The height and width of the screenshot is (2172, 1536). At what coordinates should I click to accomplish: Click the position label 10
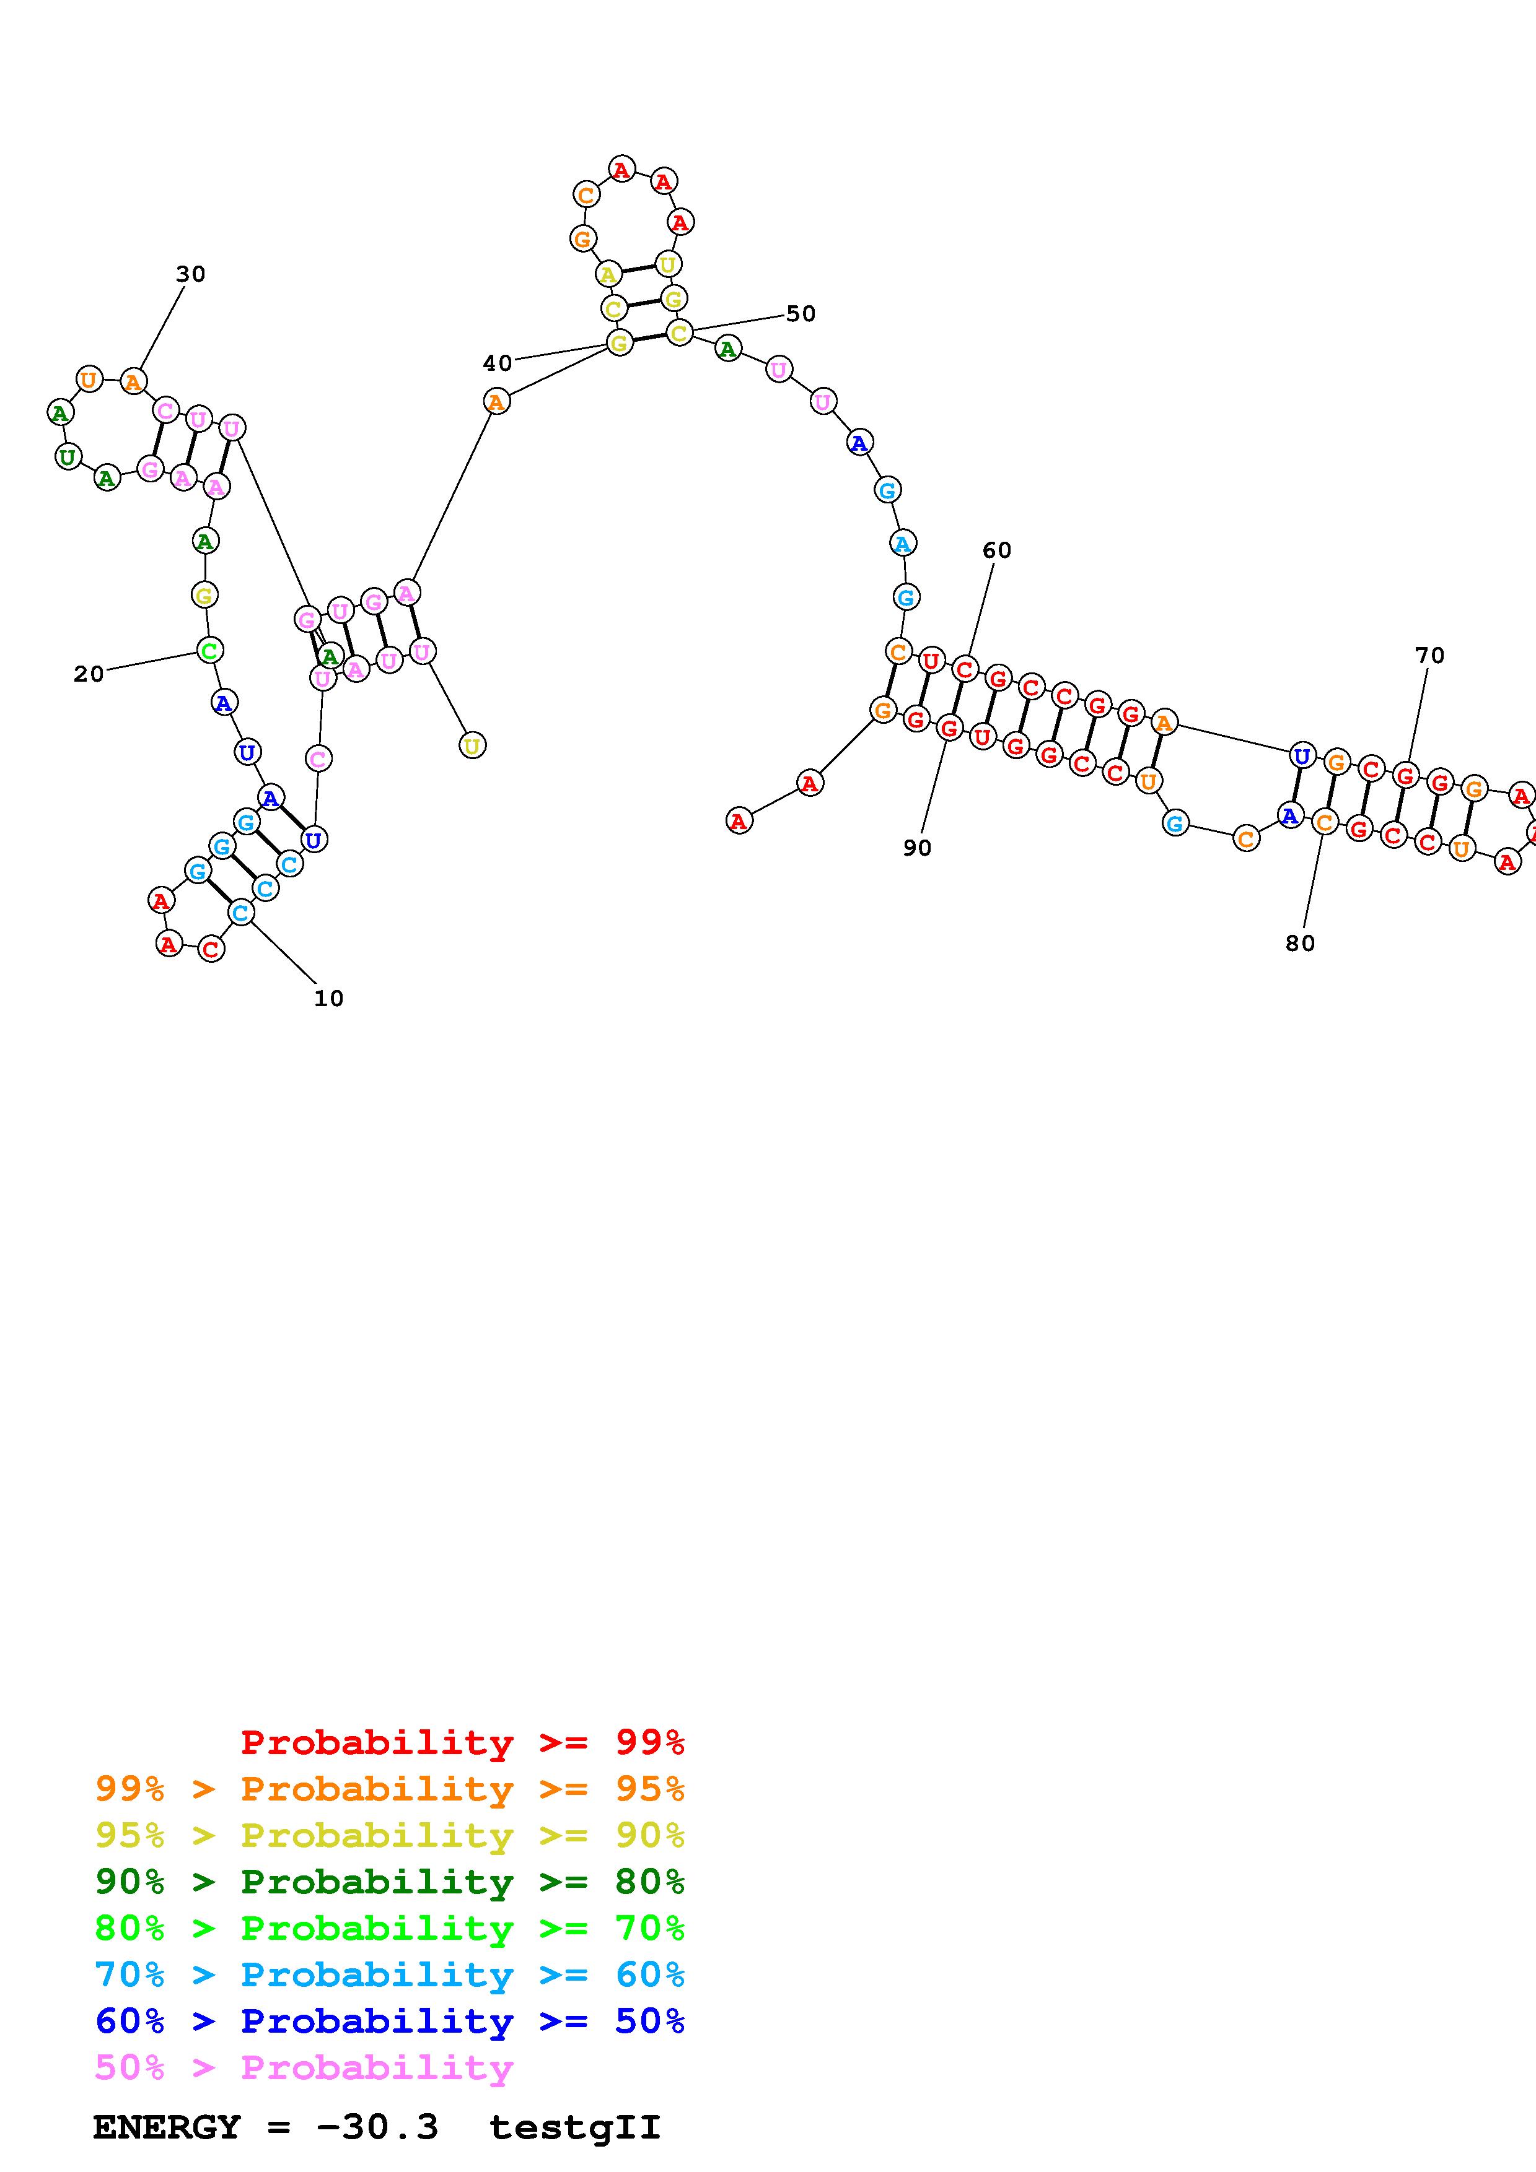328,998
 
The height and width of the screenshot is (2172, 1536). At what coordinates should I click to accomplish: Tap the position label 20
89,674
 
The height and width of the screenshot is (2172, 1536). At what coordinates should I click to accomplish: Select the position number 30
190,274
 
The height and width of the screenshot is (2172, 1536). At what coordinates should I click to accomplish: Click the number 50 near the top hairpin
801,314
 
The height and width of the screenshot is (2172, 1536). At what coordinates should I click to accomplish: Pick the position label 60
996,550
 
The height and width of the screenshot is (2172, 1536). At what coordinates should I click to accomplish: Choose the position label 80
1301,943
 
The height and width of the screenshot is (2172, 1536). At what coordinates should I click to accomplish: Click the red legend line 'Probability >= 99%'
463,1742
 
